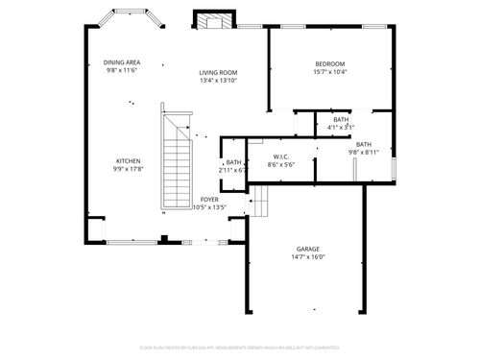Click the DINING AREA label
(x=121, y=62)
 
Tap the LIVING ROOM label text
(x=218, y=72)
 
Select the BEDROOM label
(x=330, y=63)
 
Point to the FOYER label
(x=208, y=199)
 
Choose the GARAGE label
(x=308, y=249)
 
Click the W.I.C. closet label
(x=281, y=156)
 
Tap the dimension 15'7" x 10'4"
(x=330, y=72)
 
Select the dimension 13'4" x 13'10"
(x=218, y=81)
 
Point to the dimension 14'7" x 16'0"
(x=308, y=257)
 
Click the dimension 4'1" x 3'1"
(x=341, y=127)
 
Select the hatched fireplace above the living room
(x=214, y=21)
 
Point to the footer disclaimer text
(x=240, y=348)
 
